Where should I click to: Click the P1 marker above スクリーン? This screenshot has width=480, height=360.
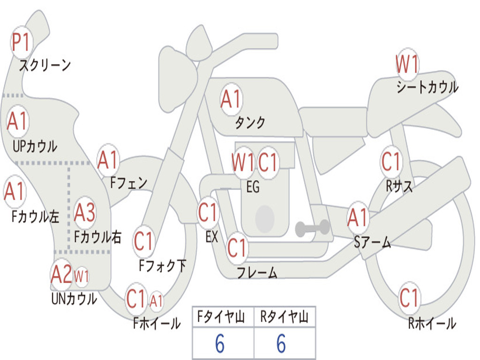click(x=21, y=42)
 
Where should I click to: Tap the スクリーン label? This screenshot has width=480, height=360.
click(x=45, y=65)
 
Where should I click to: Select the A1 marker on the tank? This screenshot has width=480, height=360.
click(x=231, y=99)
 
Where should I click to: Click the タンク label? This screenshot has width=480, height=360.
click(x=250, y=123)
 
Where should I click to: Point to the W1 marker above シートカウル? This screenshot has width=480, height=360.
click(x=407, y=64)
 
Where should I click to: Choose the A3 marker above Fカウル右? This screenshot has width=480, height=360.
click(x=84, y=212)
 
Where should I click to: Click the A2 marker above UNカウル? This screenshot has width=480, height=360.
click(x=61, y=275)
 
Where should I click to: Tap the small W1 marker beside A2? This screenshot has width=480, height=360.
click(x=82, y=277)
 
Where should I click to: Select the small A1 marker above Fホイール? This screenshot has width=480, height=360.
click(x=156, y=300)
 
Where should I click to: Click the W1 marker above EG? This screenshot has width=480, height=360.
click(x=243, y=162)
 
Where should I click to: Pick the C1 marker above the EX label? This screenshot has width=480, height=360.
click(x=208, y=212)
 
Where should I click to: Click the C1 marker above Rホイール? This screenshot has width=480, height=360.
click(x=409, y=298)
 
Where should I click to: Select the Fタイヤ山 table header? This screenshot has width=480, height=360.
click(x=221, y=317)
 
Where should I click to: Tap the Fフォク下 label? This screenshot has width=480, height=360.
click(x=163, y=266)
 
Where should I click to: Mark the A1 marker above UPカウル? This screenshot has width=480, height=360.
click(x=17, y=121)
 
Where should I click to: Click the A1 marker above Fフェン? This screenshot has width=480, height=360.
click(x=108, y=160)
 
